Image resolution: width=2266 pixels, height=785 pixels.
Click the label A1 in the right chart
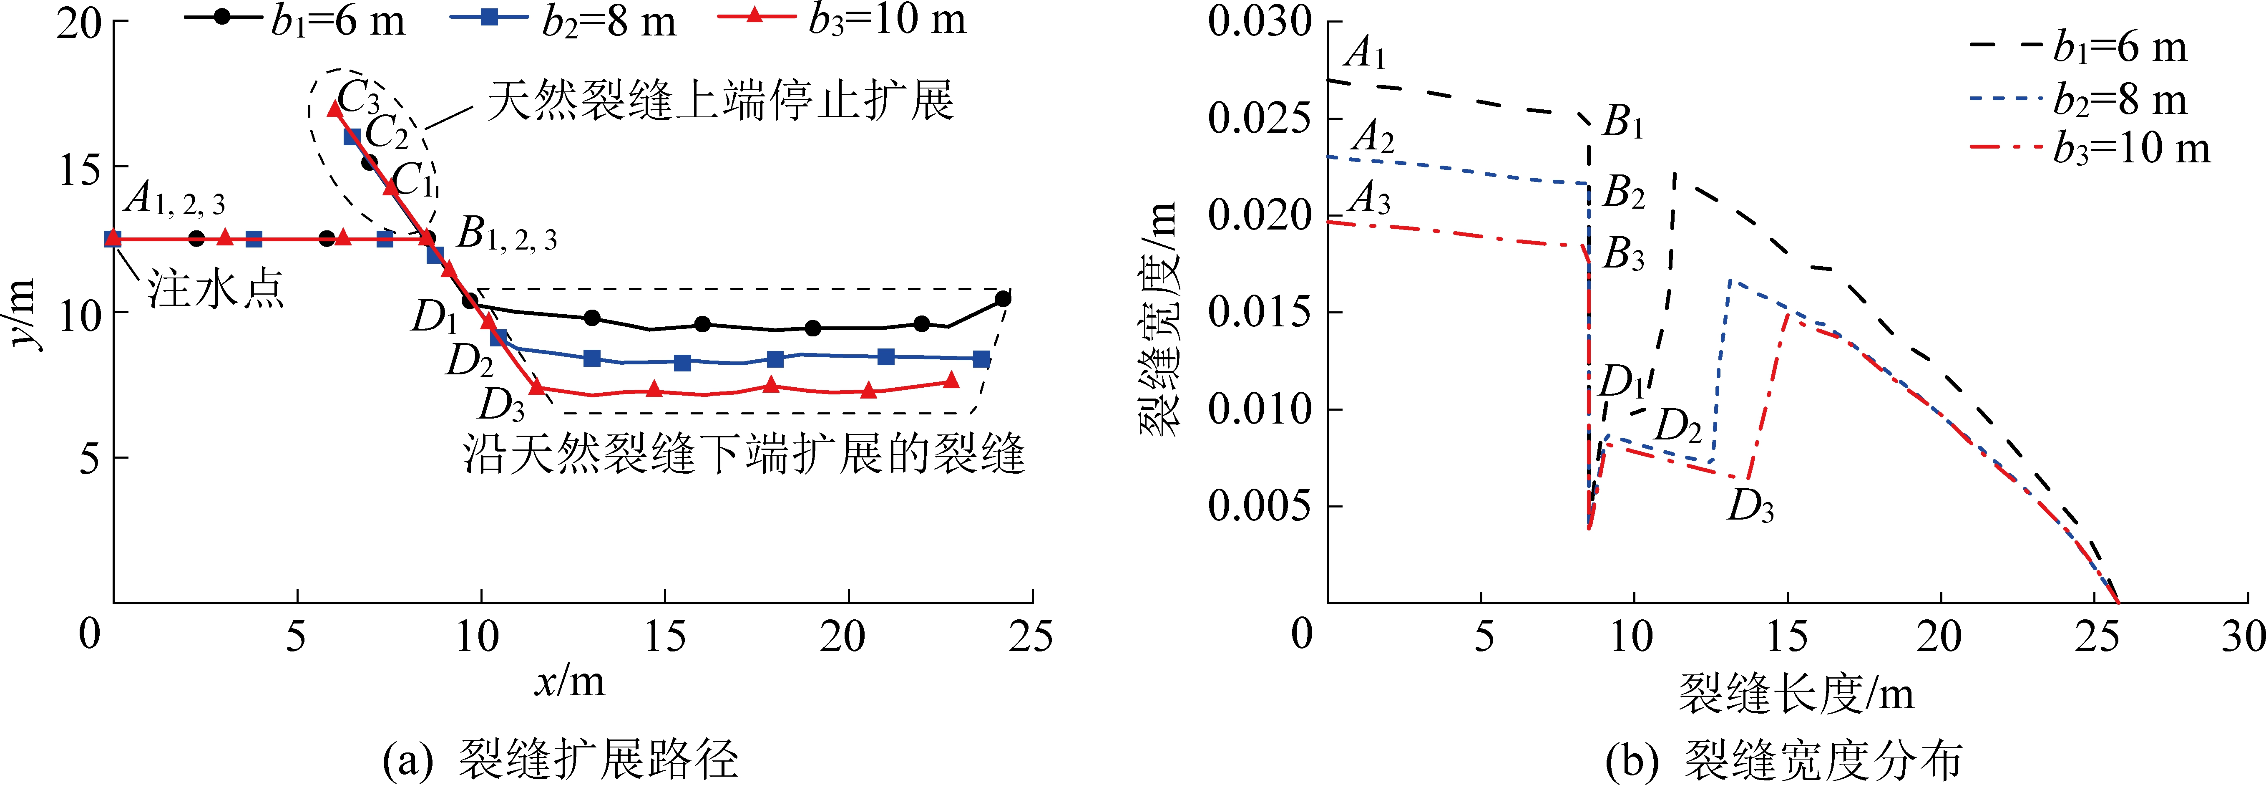pos(1365,55)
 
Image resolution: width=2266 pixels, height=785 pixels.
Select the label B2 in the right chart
pos(1623,192)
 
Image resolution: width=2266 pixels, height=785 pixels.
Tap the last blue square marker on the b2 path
pos(981,359)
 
